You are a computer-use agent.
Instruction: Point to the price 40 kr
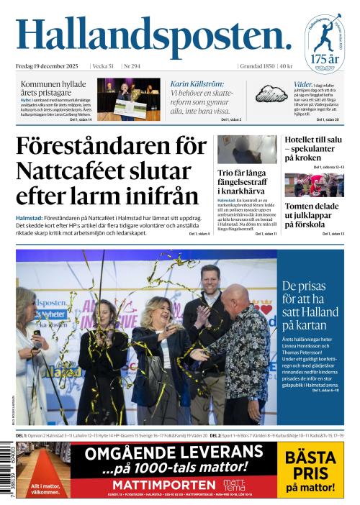click(x=286, y=66)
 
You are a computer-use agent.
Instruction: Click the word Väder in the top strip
click(x=302, y=84)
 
